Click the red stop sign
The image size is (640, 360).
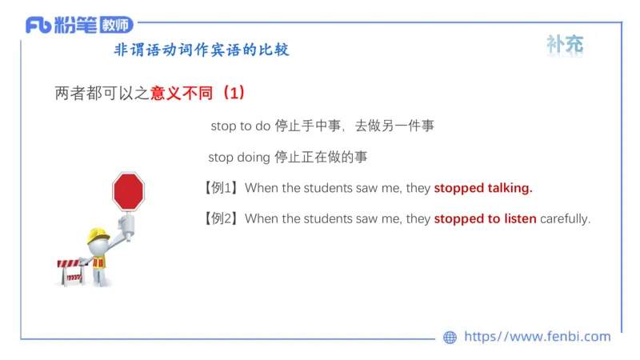click(128, 191)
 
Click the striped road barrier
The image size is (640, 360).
click(71, 270)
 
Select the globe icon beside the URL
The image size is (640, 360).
click(450, 338)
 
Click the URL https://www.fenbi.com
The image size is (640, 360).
click(537, 337)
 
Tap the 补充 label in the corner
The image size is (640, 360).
click(565, 45)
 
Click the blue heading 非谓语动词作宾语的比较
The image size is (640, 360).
click(202, 50)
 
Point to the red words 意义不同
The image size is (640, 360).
click(182, 94)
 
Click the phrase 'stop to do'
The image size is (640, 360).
click(240, 126)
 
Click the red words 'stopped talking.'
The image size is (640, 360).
click(483, 189)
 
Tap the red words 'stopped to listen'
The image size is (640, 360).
click(485, 218)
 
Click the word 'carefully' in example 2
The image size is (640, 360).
click(565, 218)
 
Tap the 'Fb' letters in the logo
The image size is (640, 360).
click(38, 26)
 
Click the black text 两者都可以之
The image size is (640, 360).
click(102, 94)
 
